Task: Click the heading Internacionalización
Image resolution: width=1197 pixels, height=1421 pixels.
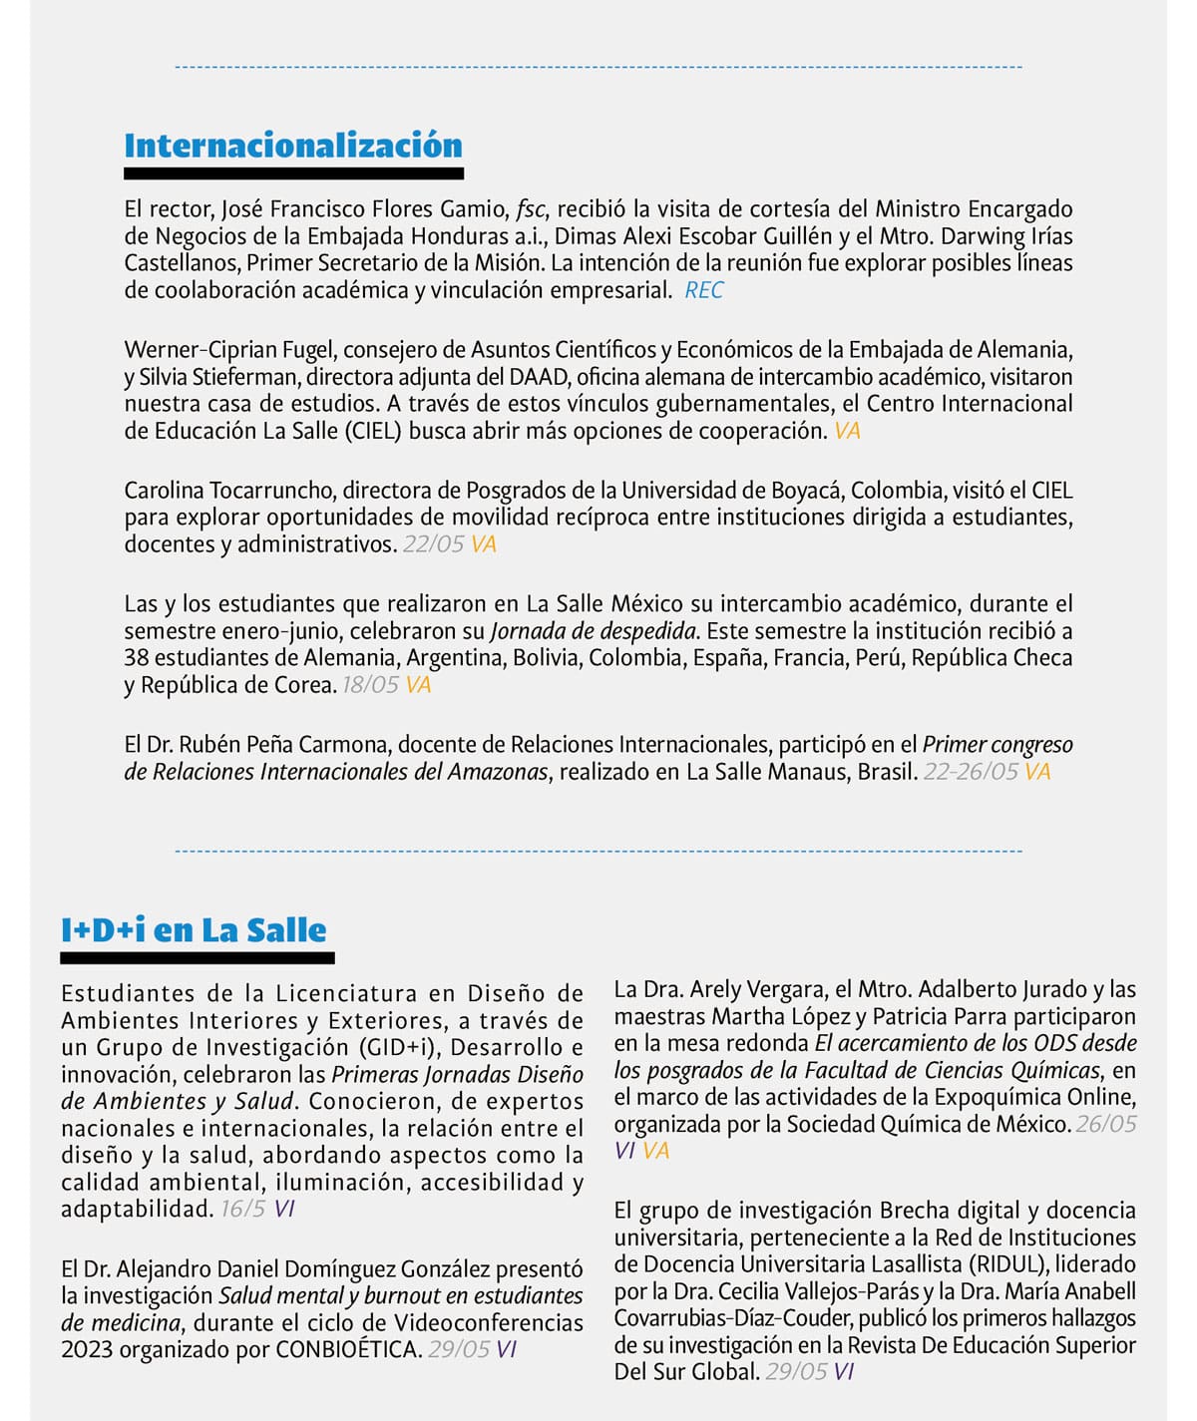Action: pyautogui.click(x=293, y=146)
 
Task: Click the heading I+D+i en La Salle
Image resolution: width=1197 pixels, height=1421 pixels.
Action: pyautogui.click(x=194, y=930)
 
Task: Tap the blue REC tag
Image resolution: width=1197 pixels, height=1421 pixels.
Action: pyautogui.click(x=704, y=290)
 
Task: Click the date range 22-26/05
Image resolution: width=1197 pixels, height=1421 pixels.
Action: pyautogui.click(x=971, y=772)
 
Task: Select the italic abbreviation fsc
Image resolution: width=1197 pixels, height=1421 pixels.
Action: pyautogui.click(x=532, y=209)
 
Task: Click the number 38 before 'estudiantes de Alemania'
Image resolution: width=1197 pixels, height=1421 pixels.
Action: pyautogui.click(x=137, y=658)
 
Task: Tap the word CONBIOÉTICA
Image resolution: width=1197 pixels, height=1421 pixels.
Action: pyautogui.click(x=348, y=1350)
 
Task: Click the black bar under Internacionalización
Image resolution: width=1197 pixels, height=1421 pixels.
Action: pyautogui.click(x=293, y=174)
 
